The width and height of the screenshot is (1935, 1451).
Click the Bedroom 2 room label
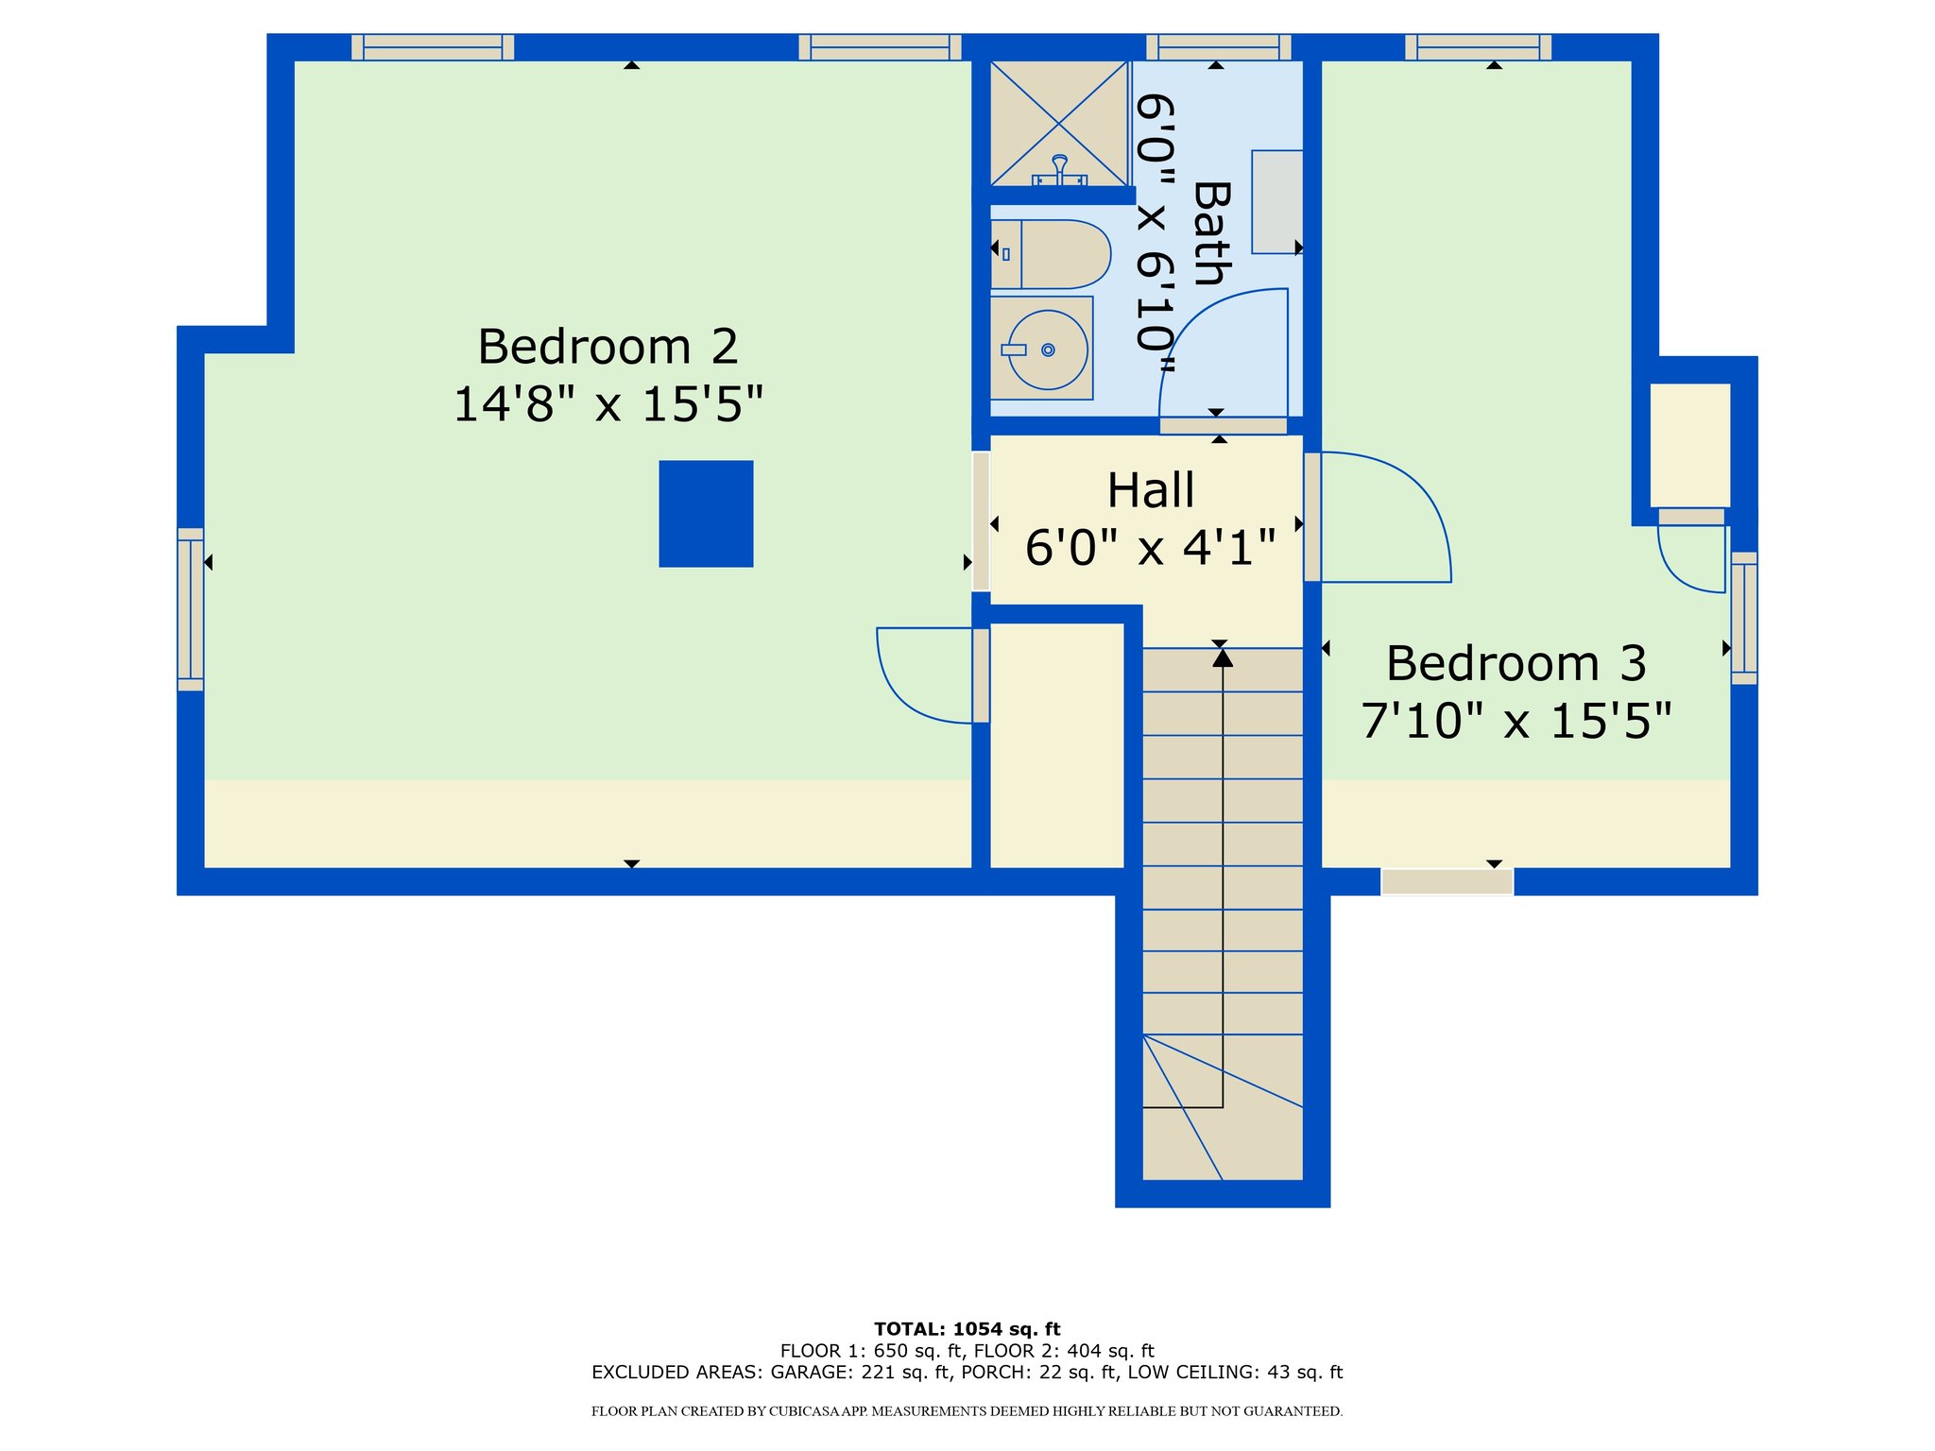[608, 347]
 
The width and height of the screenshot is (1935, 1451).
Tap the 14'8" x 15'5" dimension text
[608, 404]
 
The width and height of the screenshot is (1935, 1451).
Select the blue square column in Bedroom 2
[706, 514]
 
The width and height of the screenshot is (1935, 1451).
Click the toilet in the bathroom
[1051, 254]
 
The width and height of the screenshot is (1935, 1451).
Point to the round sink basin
[1048, 350]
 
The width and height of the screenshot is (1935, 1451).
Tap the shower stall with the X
[1059, 124]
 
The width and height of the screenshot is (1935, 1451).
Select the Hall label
[1151, 491]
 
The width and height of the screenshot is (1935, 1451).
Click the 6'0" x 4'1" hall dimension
[1151, 548]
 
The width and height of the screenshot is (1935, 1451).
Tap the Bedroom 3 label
[1516, 663]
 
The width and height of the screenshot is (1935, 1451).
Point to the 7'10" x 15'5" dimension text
[1516, 721]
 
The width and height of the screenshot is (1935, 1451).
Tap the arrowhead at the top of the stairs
[1223, 657]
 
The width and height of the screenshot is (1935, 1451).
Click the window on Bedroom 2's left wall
[191, 609]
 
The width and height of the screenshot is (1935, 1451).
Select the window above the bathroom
[1219, 47]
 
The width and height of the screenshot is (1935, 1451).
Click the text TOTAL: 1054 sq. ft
[967, 1329]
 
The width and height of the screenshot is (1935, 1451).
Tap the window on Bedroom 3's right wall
[1744, 618]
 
